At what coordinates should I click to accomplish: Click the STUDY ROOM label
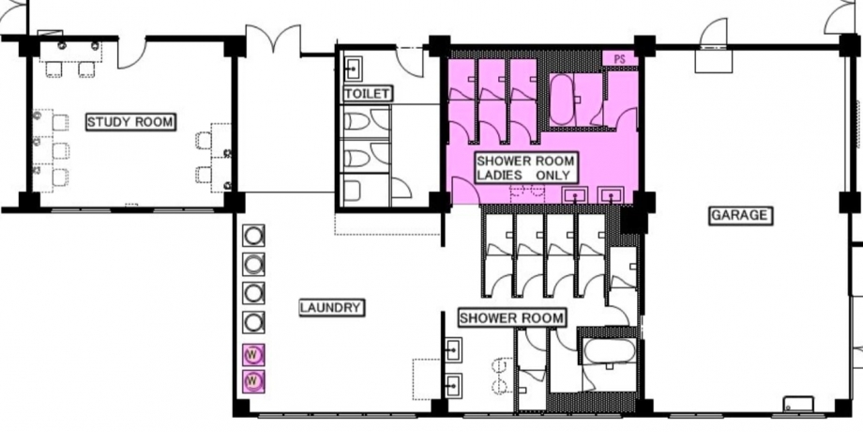(x=130, y=122)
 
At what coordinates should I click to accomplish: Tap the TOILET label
(x=367, y=94)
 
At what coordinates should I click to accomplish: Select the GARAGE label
(x=739, y=215)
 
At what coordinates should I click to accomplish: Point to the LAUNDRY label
(x=332, y=307)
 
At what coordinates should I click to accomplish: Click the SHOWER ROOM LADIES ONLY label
(x=525, y=169)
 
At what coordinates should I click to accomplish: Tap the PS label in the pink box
(x=620, y=59)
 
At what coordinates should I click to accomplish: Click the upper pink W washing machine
(x=252, y=354)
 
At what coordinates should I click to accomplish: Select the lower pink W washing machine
(x=252, y=380)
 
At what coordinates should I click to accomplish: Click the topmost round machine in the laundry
(x=252, y=236)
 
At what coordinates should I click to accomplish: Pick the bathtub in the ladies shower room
(x=562, y=100)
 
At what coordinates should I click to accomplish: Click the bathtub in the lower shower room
(x=609, y=350)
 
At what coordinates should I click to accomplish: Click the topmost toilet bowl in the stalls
(x=356, y=120)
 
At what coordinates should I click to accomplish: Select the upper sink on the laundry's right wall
(x=453, y=350)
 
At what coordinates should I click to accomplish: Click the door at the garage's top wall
(x=713, y=33)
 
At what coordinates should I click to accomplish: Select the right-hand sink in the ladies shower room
(x=611, y=195)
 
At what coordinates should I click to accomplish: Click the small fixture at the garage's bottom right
(x=798, y=405)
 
